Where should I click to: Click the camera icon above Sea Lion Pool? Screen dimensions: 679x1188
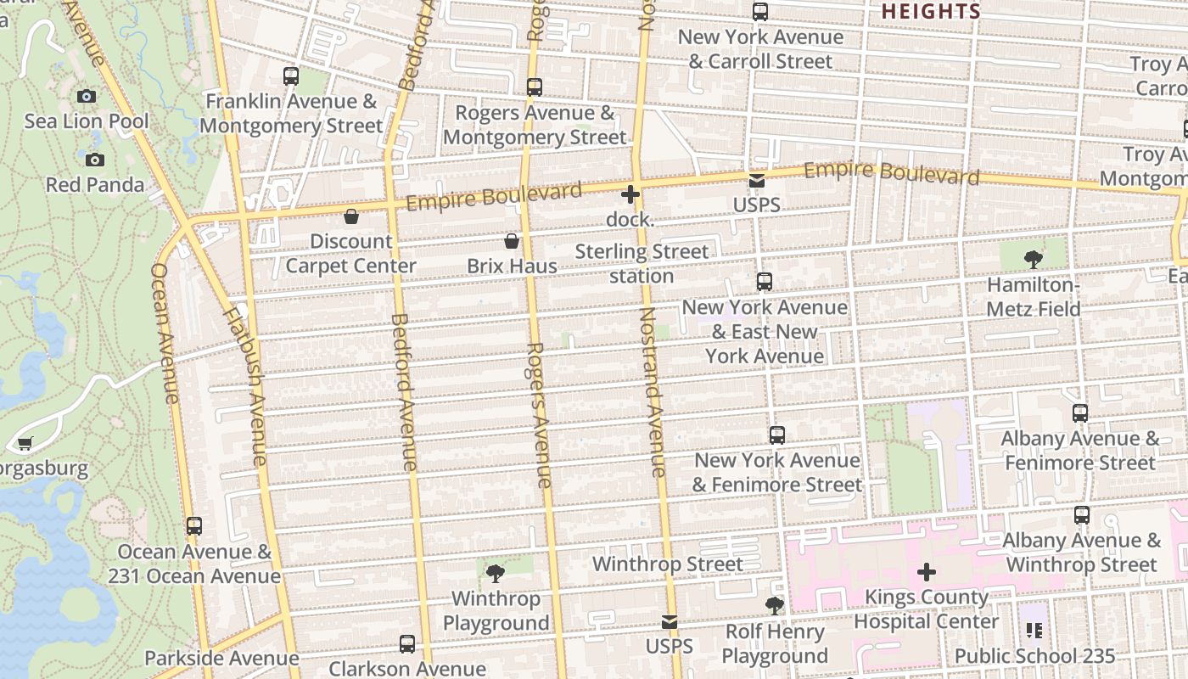(87, 96)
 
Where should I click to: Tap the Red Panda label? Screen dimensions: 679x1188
(95, 184)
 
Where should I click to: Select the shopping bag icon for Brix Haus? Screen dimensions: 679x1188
(512, 241)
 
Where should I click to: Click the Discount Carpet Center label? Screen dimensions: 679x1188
(350, 253)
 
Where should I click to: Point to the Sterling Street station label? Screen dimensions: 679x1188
(642, 263)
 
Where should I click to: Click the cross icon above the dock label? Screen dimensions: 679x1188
(630, 194)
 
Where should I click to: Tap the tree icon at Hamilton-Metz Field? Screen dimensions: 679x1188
(1033, 260)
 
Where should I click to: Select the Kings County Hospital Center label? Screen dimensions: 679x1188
(926, 609)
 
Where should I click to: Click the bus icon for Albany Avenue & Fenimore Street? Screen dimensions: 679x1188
(1079, 413)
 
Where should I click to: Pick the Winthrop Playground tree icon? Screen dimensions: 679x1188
(496, 574)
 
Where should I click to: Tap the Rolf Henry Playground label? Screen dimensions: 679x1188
(774, 643)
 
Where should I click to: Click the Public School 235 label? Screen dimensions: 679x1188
(1034, 655)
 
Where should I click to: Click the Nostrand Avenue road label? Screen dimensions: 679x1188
(652, 390)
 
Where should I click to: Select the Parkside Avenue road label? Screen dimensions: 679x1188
(221, 658)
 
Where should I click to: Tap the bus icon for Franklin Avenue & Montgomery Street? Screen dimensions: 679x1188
(291, 76)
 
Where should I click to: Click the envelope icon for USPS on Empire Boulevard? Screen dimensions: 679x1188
(756, 180)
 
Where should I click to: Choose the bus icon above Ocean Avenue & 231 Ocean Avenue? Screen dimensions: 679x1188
(194, 526)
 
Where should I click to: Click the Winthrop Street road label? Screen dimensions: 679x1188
(667, 564)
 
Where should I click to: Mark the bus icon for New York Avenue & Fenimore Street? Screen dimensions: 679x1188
(776, 435)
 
